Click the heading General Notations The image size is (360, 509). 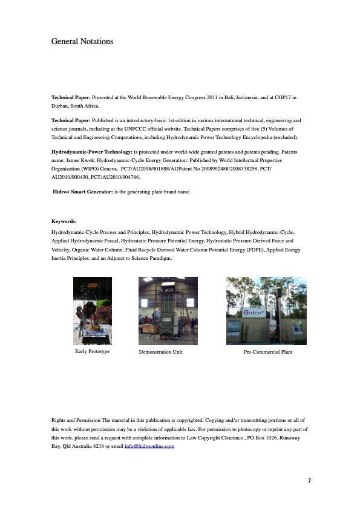click(82, 42)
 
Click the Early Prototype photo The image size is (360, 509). click(93, 310)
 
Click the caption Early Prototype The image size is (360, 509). click(93, 351)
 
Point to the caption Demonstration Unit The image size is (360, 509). click(160, 352)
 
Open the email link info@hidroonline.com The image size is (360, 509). click(149, 446)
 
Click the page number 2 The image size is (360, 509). click(309, 481)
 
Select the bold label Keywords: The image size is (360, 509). click(64, 222)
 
